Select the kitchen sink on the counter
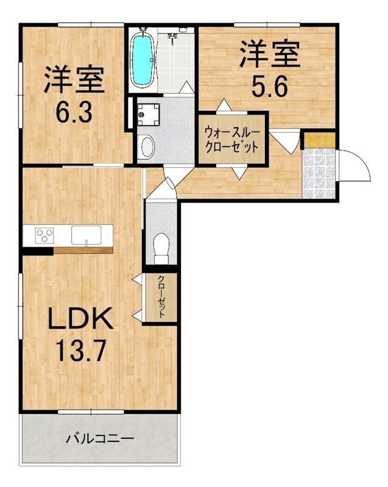point(86,235)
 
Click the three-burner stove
point(44,235)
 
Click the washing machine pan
point(148,114)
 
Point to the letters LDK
point(80,318)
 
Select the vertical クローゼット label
point(161,296)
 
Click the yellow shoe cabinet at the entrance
point(320,140)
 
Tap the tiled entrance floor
point(319,173)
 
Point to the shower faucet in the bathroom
point(172,38)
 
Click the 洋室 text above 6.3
point(74,79)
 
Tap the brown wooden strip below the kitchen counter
point(83,250)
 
